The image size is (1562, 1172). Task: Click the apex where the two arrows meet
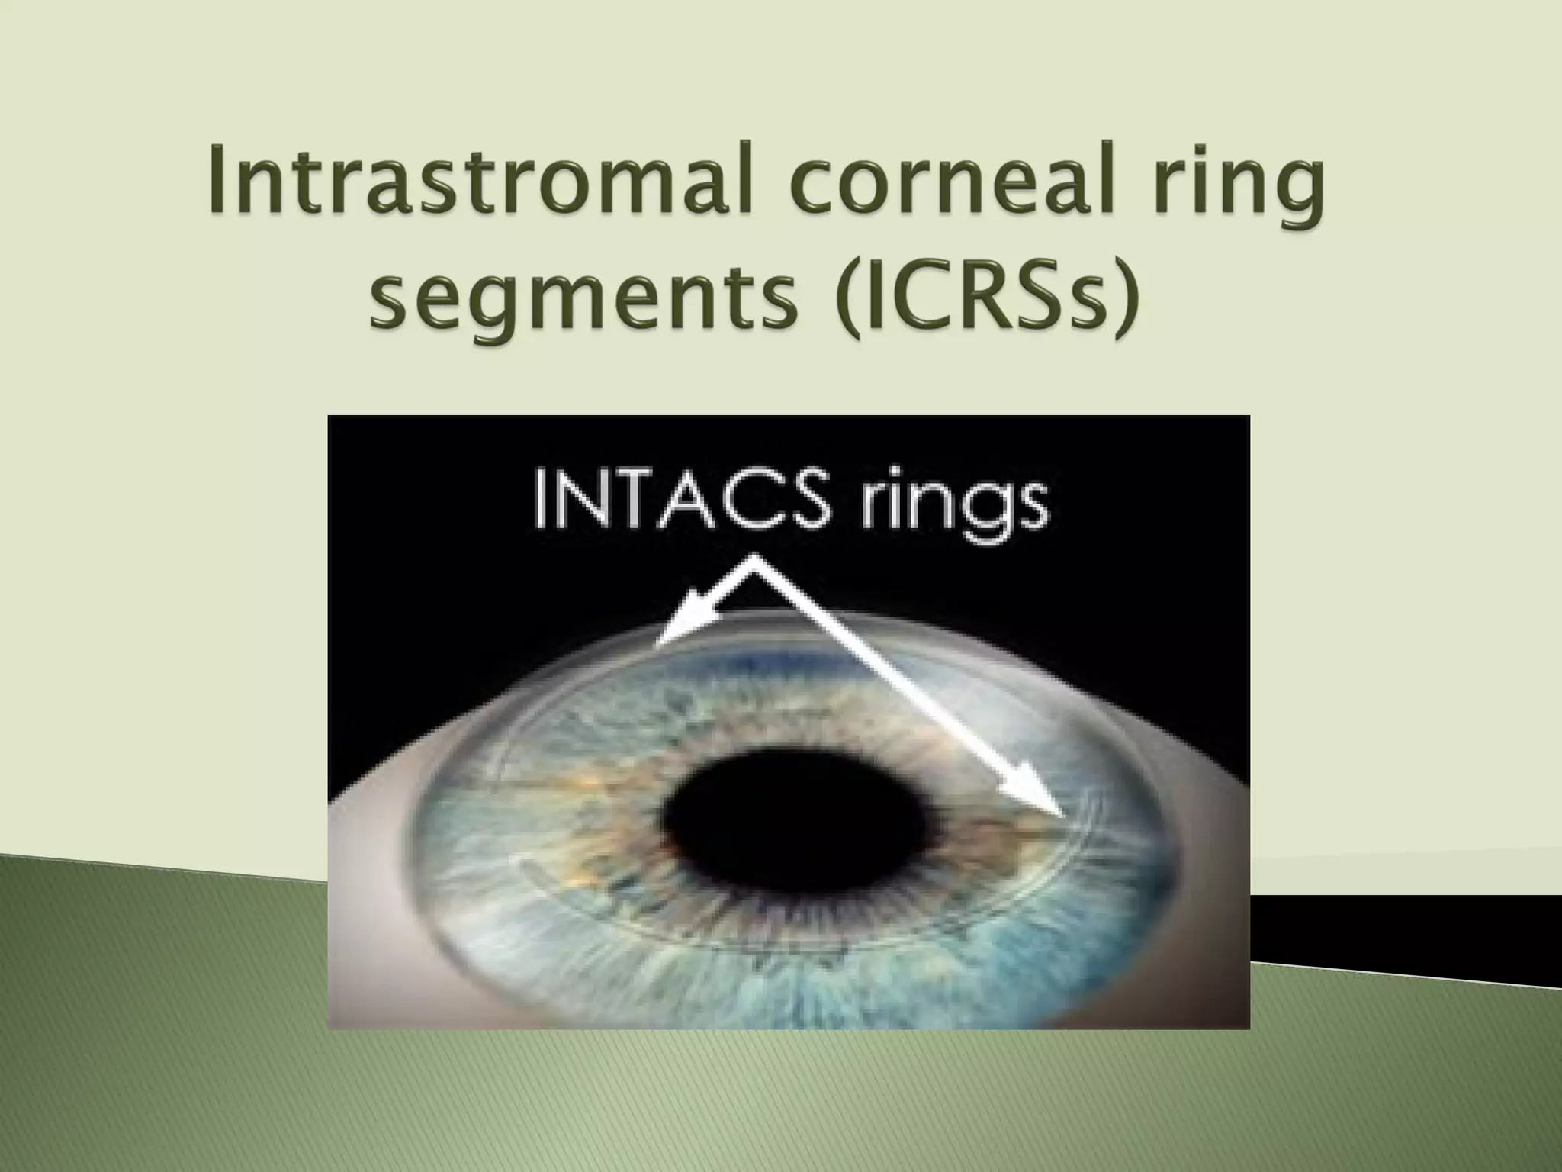pyautogui.click(x=755, y=561)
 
